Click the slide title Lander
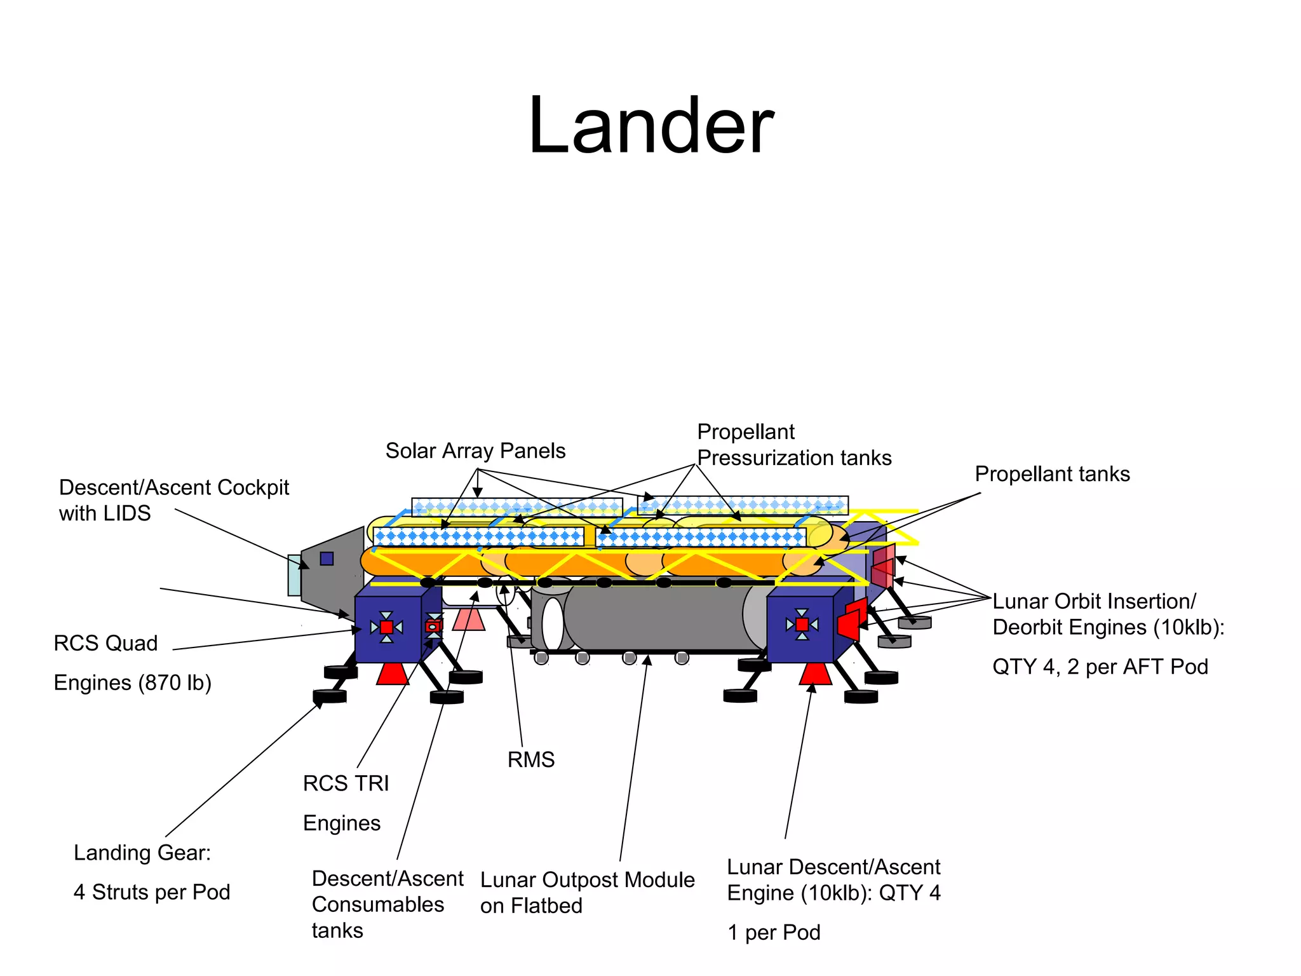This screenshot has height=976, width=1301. pos(650,125)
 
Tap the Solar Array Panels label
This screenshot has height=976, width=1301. pos(475,451)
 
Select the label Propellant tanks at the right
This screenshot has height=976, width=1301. pos(1052,474)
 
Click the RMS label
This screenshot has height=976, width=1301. pos(530,759)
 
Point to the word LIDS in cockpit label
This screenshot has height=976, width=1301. pos(127,513)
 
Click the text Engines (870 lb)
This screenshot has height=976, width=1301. pos(132,682)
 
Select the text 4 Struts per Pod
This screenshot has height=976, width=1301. pos(152,892)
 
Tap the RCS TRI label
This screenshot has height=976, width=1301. pos(346,783)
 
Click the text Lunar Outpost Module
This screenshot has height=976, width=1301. pos(587,880)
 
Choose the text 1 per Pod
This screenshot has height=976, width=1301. pos(774,932)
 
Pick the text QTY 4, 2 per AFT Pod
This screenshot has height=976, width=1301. pos(1100,667)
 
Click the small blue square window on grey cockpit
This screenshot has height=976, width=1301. pos(327,559)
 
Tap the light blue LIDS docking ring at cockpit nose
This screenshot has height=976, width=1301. pos(294,575)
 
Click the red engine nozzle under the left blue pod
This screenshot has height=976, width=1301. pos(392,674)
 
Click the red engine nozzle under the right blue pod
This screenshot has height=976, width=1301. pos(815,674)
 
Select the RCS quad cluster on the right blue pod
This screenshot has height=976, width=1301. pos(802,625)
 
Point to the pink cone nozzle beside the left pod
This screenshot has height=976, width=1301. pos(469,619)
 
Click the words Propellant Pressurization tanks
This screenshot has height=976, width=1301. pos(793,445)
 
